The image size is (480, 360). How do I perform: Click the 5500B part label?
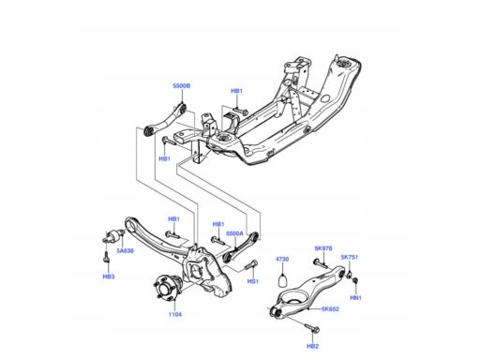click(182, 86)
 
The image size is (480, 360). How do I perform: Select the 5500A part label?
click(234, 233)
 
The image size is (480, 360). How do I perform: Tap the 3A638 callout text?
click(125, 250)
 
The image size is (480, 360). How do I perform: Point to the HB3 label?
click(109, 277)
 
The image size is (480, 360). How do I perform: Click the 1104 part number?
click(175, 314)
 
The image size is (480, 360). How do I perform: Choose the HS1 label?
click(253, 281)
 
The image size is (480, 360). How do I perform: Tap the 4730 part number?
click(282, 259)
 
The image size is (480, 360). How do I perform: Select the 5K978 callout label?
click(323, 248)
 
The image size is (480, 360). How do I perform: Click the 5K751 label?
click(350, 257)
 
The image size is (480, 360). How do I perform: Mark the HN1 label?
click(355, 298)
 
